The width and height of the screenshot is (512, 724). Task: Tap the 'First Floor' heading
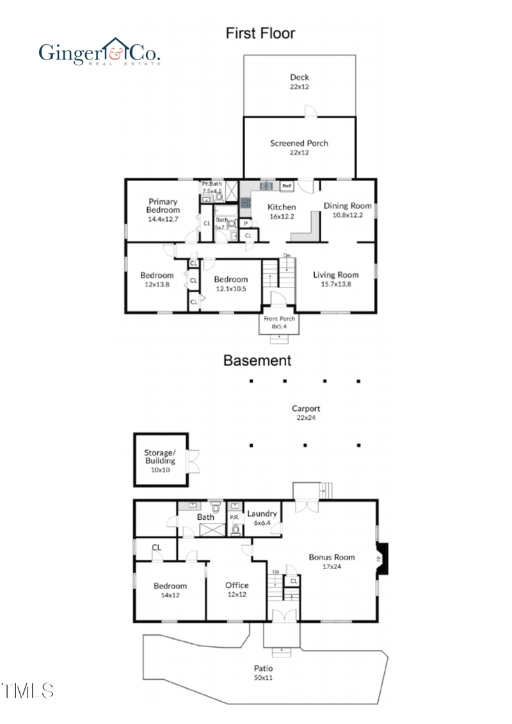coord(260,33)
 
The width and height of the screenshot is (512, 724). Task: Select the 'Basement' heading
coord(257,360)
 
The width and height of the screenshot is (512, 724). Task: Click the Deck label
coord(299,77)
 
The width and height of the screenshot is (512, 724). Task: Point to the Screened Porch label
coord(299,143)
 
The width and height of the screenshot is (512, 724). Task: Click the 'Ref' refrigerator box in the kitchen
coord(287,186)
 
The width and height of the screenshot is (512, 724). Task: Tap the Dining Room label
coord(347,206)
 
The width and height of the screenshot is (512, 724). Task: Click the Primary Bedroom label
coord(163,205)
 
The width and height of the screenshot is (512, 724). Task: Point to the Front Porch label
coord(278,318)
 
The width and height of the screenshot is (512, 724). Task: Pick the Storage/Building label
coord(159,456)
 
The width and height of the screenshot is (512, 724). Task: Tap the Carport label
coord(305,408)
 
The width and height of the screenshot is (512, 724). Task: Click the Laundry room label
coord(262,513)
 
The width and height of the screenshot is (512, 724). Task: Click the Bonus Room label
coord(332,557)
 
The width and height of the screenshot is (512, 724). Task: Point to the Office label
coord(237,585)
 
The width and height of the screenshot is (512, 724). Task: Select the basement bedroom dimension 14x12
coord(170,595)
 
